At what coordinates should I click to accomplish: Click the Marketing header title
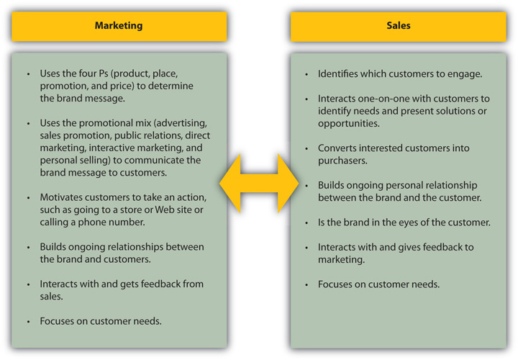[119, 25]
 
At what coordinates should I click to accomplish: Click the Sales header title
[398, 25]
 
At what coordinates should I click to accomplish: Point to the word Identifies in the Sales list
[341, 73]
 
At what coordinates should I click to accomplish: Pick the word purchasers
[343, 161]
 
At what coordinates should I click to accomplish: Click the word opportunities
[349, 124]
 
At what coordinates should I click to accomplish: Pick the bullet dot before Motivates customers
[28, 197]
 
